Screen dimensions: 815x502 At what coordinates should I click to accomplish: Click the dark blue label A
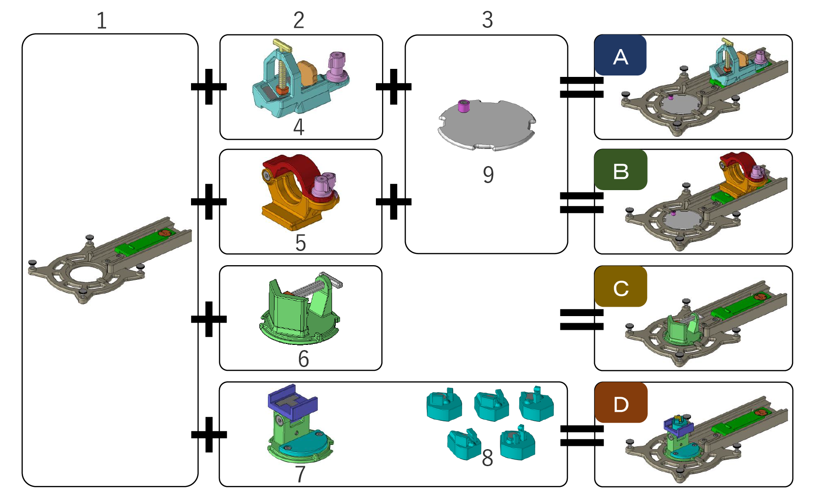click(620, 55)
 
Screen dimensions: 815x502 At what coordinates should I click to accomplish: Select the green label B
click(621, 170)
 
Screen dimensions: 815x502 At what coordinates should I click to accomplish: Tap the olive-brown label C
click(621, 286)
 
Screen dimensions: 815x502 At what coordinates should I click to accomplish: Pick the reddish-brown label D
click(621, 402)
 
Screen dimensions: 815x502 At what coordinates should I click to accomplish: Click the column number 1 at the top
click(101, 20)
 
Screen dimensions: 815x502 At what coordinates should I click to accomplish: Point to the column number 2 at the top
click(299, 20)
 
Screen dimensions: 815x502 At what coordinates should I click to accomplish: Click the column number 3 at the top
click(487, 20)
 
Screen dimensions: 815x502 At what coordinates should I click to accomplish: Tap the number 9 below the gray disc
click(488, 175)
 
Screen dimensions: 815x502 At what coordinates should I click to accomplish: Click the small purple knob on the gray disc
click(464, 106)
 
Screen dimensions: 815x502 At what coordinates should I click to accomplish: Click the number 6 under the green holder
click(303, 359)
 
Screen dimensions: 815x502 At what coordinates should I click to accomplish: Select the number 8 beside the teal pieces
click(487, 458)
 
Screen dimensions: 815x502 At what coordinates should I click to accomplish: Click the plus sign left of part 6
click(209, 319)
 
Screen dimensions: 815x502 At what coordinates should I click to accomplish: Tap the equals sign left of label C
click(582, 319)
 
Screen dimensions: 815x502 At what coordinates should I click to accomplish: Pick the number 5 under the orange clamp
click(300, 243)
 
